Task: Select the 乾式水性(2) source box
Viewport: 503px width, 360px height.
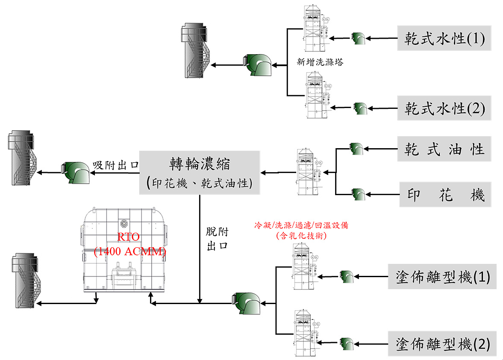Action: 444,108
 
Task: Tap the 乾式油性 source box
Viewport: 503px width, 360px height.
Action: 444,149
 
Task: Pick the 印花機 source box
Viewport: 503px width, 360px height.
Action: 445,195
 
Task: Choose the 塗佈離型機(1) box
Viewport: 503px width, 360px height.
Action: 442,277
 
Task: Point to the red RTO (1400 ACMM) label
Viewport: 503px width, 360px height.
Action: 129,245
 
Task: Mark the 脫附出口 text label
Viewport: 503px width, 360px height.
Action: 218,239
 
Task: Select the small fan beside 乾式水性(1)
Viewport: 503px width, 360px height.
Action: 358,38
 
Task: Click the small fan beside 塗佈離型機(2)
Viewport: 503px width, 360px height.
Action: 346,343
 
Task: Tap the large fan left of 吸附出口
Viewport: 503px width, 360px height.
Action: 76,173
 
